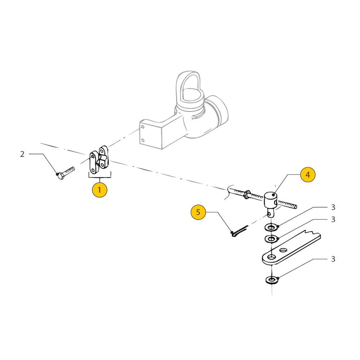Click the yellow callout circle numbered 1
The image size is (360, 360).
coord(99,190)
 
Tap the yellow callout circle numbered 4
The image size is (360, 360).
coord(308,175)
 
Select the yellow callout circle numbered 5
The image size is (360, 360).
coord(198,212)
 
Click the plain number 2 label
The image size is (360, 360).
coord(22,154)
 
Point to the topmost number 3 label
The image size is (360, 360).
coord(333,207)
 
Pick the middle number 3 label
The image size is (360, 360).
coord(333,220)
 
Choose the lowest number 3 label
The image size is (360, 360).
coord(333,259)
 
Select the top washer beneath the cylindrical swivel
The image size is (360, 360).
coord(271,228)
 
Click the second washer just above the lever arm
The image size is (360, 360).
coord(271,239)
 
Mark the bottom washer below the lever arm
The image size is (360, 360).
coord(272,280)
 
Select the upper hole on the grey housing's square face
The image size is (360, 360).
coord(143,127)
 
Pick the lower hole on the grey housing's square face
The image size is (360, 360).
coord(143,140)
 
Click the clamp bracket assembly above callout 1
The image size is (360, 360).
coord(99,159)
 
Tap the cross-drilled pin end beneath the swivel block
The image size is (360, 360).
coord(271,213)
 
